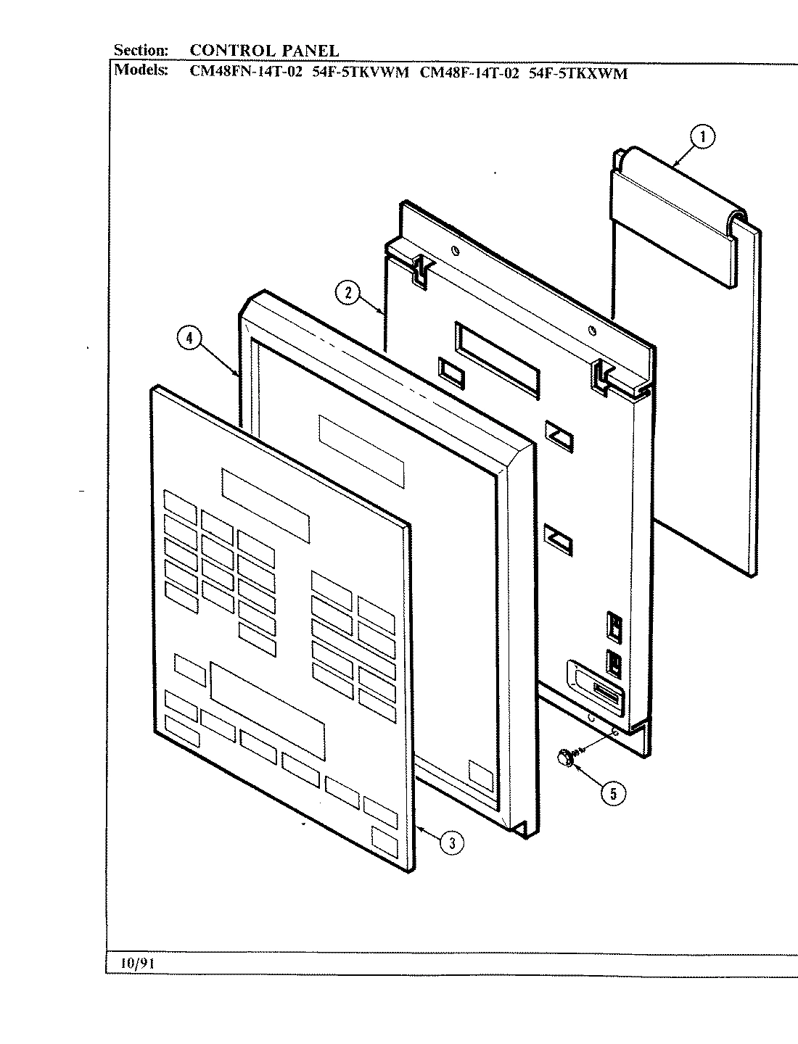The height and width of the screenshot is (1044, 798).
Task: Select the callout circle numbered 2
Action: (348, 293)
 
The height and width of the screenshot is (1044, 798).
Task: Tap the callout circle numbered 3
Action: (451, 842)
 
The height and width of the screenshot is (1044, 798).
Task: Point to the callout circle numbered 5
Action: (613, 793)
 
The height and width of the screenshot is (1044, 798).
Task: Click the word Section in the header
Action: (141, 50)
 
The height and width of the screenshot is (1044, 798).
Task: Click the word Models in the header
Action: (142, 71)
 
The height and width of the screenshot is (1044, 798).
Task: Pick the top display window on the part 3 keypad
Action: (266, 505)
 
